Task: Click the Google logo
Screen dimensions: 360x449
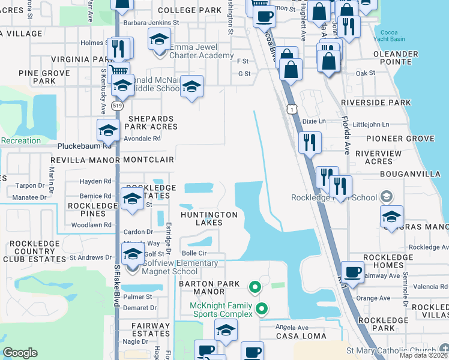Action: [x=20, y=353]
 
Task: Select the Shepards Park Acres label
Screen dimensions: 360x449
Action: [x=151, y=123]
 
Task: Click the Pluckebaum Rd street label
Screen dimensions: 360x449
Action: [x=85, y=146]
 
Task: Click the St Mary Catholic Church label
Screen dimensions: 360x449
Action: [x=391, y=350]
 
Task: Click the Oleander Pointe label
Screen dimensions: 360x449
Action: [x=396, y=58]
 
